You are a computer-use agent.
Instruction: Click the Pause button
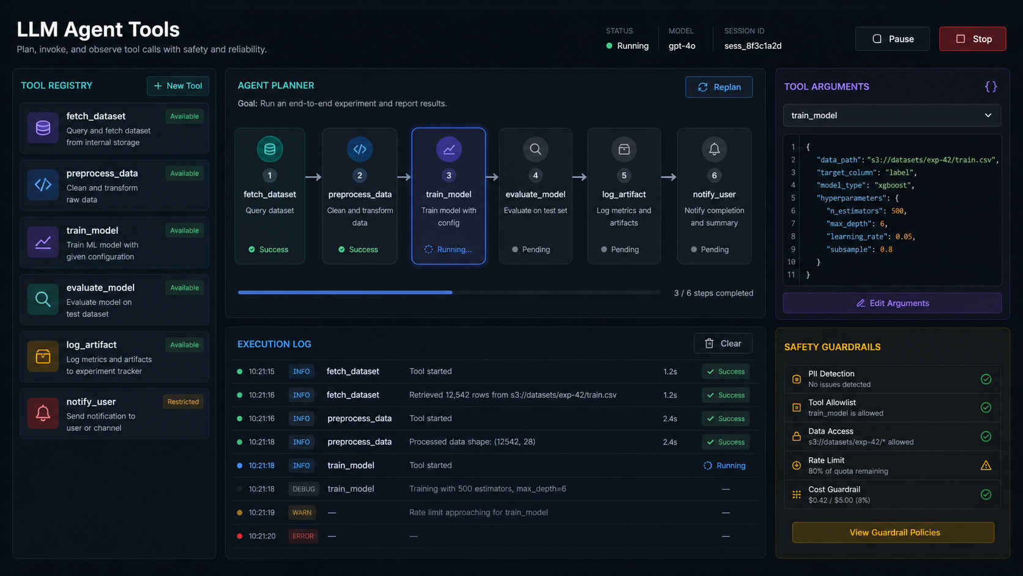892,39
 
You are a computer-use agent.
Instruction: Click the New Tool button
177,86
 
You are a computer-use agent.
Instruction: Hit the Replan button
719,87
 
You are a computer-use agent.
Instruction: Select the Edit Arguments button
892,303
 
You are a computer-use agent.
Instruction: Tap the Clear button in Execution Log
723,343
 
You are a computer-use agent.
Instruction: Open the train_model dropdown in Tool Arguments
891,115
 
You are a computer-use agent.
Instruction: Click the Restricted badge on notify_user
183,402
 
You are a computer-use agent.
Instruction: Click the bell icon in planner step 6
714,149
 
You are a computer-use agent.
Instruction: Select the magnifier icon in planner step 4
535,149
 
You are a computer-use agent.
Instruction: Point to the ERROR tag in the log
303,536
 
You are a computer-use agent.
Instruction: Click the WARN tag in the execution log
302,512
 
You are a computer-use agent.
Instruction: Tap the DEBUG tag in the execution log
303,488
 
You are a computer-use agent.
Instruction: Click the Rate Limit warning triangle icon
986,465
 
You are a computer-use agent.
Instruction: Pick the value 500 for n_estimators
897,211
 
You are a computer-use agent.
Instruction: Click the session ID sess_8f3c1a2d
753,46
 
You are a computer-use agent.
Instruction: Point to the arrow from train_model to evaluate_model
492,177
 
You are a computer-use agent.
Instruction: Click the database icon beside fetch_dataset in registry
43,127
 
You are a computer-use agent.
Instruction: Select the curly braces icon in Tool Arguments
991,87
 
